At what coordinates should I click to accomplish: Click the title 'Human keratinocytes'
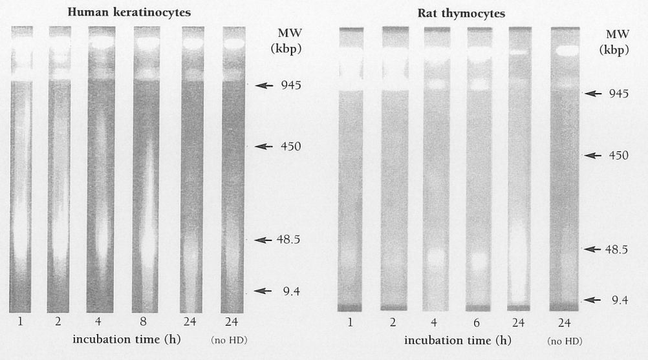[x=129, y=12]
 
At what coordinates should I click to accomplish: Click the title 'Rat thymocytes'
[x=461, y=14]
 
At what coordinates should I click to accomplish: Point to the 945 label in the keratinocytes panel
[x=291, y=85]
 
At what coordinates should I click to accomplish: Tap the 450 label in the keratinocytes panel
[x=291, y=147]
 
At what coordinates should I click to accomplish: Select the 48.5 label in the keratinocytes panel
[x=288, y=240]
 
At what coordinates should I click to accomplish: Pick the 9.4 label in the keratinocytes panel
[x=292, y=292]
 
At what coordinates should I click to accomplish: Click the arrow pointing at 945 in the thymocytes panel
[x=593, y=94]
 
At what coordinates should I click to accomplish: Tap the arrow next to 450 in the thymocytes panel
[x=593, y=156]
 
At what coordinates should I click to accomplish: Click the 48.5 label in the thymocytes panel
[x=616, y=249]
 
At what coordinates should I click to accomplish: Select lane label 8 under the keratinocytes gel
[x=143, y=321]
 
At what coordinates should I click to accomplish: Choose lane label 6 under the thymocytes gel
[x=476, y=323]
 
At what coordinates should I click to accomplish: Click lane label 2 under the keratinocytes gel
[x=58, y=321]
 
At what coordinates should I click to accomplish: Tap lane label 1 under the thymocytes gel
[x=350, y=323]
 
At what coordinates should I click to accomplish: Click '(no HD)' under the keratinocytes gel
[x=229, y=340]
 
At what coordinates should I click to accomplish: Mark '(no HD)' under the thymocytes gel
[x=565, y=341]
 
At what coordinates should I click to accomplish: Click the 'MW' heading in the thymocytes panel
[x=618, y=34]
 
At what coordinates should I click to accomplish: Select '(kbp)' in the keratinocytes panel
[x=286, y=48]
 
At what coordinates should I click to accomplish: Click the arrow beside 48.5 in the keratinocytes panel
[x=263, y=240]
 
